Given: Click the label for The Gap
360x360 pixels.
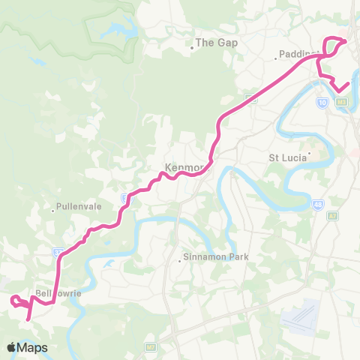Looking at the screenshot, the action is (x=217, y=43).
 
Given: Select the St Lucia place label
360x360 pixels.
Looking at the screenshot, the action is (x=288, y=158).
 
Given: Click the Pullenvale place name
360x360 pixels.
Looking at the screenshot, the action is (x=73, y=203).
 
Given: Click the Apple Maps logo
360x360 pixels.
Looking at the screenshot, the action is (x=27, y=347).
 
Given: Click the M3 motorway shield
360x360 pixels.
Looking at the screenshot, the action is (x=343, y=102).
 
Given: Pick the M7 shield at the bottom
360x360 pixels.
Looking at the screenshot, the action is (x=151, y=347).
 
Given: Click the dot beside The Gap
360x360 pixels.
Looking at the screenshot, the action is (x=192, y=46).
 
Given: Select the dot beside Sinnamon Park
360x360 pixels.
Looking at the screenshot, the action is (x=180, y=261).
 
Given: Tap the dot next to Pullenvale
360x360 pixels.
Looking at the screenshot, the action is (x=53, y=210).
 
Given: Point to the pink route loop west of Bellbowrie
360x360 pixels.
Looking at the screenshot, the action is (x=17, y=301).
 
